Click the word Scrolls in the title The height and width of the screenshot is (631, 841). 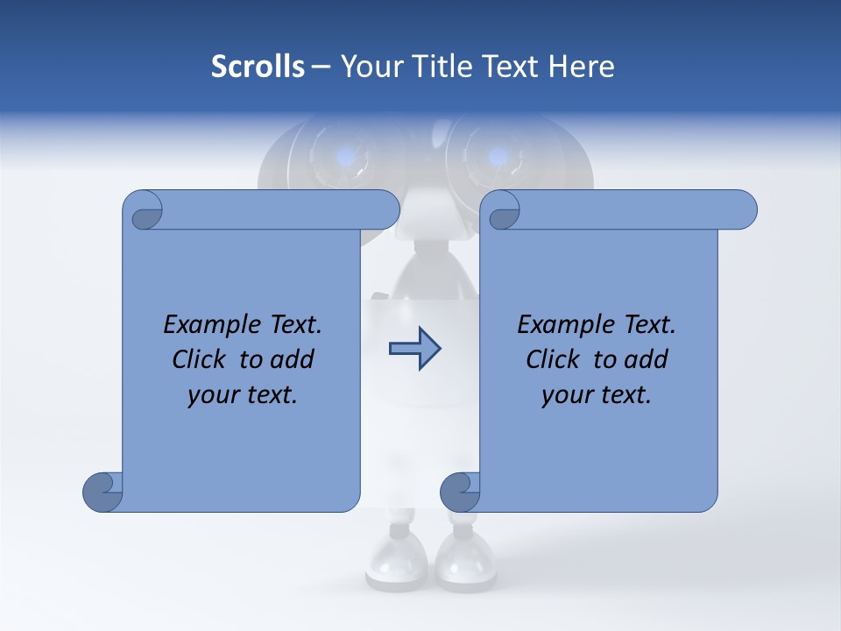coord(258,67)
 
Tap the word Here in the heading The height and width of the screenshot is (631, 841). coord(582,67)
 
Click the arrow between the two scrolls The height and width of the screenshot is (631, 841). coord(414,349)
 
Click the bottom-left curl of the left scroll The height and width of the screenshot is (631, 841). coord(102,492)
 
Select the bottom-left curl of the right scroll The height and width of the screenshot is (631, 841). coord(459,492)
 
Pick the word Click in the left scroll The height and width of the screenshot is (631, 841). coord(199,359)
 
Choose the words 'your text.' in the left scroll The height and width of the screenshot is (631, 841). coord(243,394)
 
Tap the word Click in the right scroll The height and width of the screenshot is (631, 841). coord(553,359)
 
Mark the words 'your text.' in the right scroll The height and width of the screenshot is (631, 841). coord(597,394)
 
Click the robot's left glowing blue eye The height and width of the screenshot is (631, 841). coord(347,157)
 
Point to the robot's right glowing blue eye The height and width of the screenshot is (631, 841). coord(497,157)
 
